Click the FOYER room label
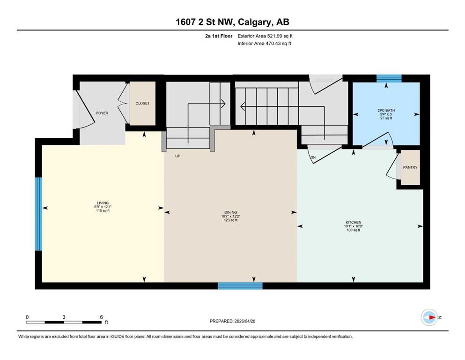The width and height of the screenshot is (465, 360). point(102,113)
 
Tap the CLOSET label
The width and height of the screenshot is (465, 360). point(142,103)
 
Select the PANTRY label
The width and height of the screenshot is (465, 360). point(410,167)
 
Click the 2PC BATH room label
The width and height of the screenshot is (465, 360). point(386,111)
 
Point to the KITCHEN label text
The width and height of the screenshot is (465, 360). point(353,222)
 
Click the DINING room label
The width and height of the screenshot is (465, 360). point(230,212)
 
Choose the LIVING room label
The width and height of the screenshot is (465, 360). point(103,203)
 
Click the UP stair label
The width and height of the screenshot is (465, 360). point(177,156)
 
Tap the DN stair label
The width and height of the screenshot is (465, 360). point(313,157)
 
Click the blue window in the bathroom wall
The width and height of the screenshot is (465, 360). point(389,78)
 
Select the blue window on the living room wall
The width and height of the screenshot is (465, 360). point(38,214)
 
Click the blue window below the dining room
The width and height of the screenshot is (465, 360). point(240,286)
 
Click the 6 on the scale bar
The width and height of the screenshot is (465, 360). point(101,317)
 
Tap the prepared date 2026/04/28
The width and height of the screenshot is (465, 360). point(244,321)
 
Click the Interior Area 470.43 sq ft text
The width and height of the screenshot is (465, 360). point(264,43)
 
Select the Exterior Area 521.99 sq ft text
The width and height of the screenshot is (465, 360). point(265,36)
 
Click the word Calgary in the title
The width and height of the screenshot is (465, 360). point(254,22)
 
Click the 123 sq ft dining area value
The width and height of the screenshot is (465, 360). point(230,220)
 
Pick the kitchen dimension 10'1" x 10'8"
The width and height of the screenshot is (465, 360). point(353,226)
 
